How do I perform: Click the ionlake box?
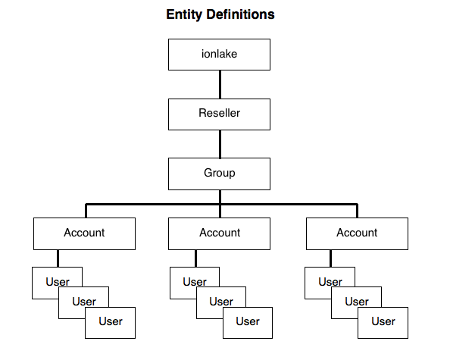pyautogui.click(x=219, y=55)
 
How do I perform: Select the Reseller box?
pyautogui.click(x=219, y=114)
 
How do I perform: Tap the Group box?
pyautogui.click(x=219, y=174)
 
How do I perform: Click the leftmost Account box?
pyautogui.click(x=84, y=233)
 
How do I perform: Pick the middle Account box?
pyautogui.click(x=219, y=233)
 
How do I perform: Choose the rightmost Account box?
pyautogui.click(x=357, y=233)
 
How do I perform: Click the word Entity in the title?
pyautogui.click(x=184, y=14)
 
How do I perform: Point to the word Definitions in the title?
pyautogui.click(x=240, y=14)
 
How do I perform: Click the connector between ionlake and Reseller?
pyautogui.click(x=220, y=84)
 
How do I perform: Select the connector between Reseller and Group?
pyautogui.click(x=220, y=144)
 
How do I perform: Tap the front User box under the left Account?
pyautogui.click(x=110, y=323)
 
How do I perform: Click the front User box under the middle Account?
pyautogui.click(x=248, y=323)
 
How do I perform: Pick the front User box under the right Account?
pyautogui.click(x=383, y=323)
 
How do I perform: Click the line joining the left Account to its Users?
pyautogui.click(x=58, y=258)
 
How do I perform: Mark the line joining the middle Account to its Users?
pyautogui.click(x=195, y=258)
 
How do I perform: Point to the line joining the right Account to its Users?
pyautogui.click(x=330, y=258)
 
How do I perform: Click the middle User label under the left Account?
pyautogui.click(x=84, y=302)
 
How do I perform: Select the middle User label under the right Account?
pyautogui.click(x=357, y=302)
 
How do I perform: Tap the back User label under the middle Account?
pyautogui.click(x=195, y=282)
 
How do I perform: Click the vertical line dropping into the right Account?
pyautogui.click(x=358, y=211)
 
